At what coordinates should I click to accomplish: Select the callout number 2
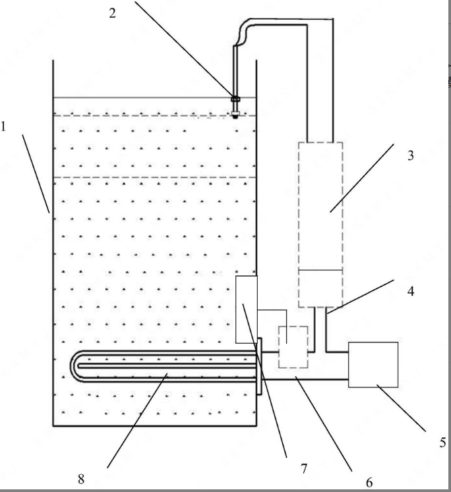pyautogui.click(x=113, y=13)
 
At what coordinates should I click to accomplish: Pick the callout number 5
pyautogui.click(x=442, y=442)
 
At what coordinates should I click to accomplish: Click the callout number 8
pyautogui.click(x=81, y=479)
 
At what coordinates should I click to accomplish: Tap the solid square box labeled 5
pyautogui.click(x=374, y=364)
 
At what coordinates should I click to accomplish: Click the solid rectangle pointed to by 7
pyautogui.click(x=247, y=310)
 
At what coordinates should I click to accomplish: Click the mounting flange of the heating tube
pyautogui.click(x=260, y=366)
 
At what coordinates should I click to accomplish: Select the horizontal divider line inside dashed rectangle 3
pyautogui.click(x=320, y=269)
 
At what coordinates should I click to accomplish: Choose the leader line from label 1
pyautogui.click(x=36, y=173)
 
